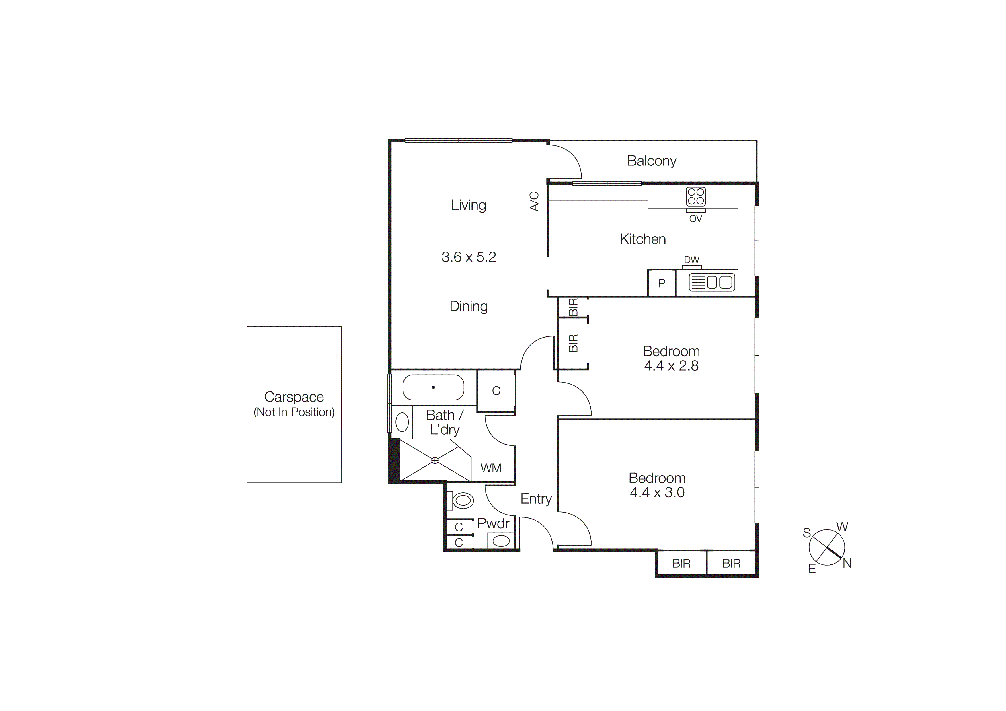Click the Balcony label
pyautogui.click(x=652, y=161)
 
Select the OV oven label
pyautogui.click(x=695, y=219)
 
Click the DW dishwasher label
pyautogui.click(x=691, y=260)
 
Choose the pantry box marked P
pyautogui.click(x=662, y=283)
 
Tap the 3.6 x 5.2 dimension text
pyautogui.click(x=468, y=257)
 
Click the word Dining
pyautogui.click(x=468, y=306)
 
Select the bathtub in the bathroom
pyautogui.click(x=433, y=387)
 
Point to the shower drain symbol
pyautogui.click(x=435, y=460)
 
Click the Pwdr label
pyautogui.click(x=493, y=523)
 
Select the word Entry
pyautogui.click(x=536, y=498)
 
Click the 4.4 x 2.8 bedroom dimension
pyautogui.click(x=671, y=366)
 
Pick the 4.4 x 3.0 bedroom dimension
pyautogui.click(x=657, y=492)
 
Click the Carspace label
pyautogui.click(x=294, y=397)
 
